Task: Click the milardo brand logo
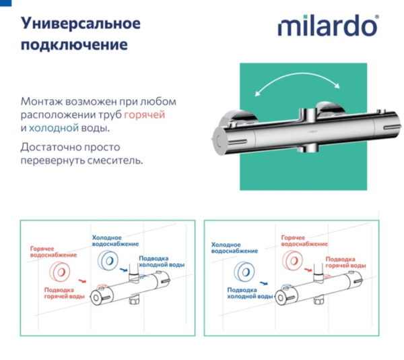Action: [x=328, y=28]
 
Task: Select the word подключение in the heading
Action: [x=74, y=45]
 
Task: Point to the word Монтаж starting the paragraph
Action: [x=42, y=100]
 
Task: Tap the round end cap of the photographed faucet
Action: [x=218, y=139]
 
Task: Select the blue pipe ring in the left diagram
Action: [x=107, y=261]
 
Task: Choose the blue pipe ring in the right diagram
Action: [x=244, y=273]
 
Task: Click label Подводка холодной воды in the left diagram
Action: [x=160, y=263]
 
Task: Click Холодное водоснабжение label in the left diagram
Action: [x=115, y=240]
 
